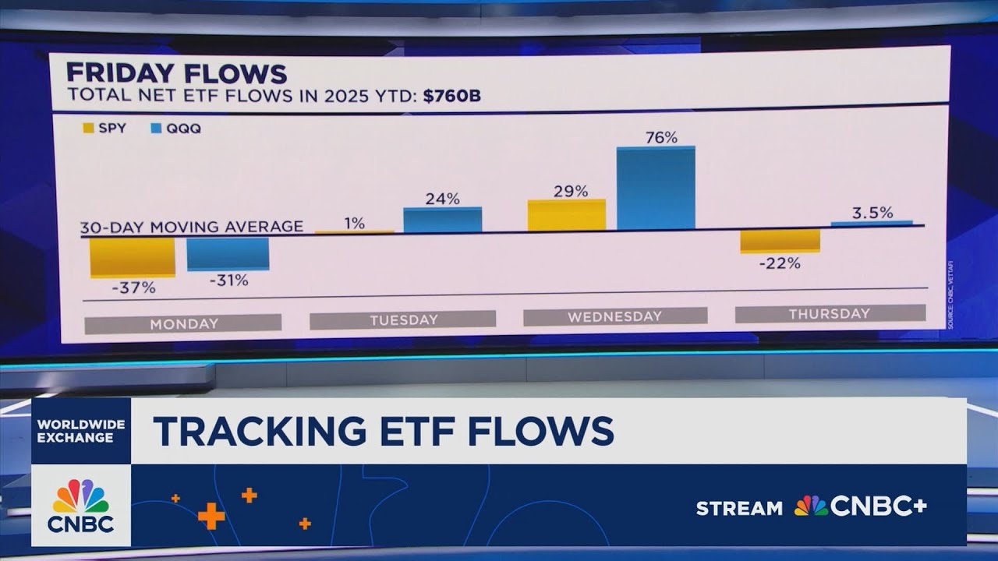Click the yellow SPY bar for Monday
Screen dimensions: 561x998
[x=132, y=257]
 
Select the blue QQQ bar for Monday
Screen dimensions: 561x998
[x=228, y=254]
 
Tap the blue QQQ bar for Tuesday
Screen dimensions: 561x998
[x=443, y=220]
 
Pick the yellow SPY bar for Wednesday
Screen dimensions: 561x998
[x=566, y=215]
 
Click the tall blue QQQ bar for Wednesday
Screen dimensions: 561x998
[x=656, y=188]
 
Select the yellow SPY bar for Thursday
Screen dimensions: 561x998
[x=780, y=240]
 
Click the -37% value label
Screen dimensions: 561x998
[x=133, y=288]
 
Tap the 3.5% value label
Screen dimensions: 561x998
[x=872, y=213]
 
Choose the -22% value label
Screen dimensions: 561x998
[x=780, y=263]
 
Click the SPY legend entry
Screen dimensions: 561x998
[x=104, y=129]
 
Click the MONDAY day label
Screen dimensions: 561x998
[x=183, y=323]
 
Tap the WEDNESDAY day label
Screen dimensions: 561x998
[x=614, y=316]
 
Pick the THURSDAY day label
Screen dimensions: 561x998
[x=829, y=313]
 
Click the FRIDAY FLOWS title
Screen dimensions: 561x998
[x=176, y=73]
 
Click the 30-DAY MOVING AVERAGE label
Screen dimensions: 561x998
[x=192, y=227]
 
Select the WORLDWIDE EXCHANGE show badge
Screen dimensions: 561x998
[x=81, y=430]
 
